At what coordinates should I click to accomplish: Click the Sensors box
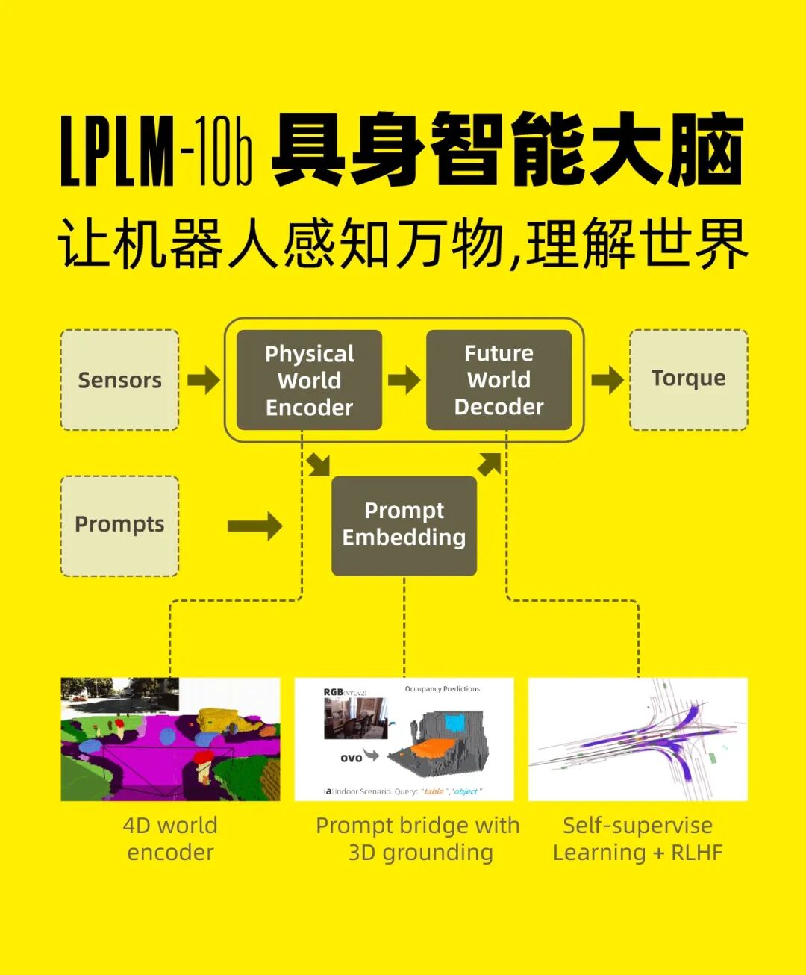[119, 380]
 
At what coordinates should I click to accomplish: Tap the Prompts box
[119, 525]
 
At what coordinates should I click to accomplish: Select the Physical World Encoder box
[309, 380]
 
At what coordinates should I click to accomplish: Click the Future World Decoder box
[499, 380]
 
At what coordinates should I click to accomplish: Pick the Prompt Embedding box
[404, 525]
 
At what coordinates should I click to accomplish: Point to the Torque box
[688, 379]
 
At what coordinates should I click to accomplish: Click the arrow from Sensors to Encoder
[203, 380]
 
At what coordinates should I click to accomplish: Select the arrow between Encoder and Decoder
[404, 380]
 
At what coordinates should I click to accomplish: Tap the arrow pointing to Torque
[607, 380]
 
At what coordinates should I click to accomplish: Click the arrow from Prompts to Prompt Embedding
[255, 526]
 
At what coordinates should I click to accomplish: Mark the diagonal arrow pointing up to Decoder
[490, 464]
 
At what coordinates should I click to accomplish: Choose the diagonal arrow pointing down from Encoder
[319, 464]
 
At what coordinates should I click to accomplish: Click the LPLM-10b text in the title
[156, 152]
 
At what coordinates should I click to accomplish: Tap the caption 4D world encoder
[170, 839]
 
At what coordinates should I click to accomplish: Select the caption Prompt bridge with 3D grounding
[418, 839]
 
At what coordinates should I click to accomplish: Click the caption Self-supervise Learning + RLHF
[637, 839]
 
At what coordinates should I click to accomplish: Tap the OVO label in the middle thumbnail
[351, 758]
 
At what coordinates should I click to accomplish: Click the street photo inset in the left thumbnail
[119, 694]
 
